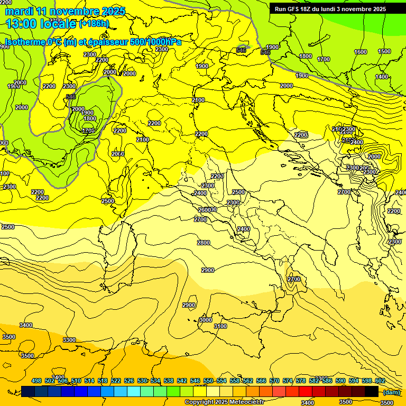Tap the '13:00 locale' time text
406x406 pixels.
[x=41, y=23]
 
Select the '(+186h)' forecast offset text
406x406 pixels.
[x=94, y=24]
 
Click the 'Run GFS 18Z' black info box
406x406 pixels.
[x=337, y=8]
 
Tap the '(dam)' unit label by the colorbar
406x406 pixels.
[x=391, y=392]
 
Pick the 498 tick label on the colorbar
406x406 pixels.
[x=36, y=381]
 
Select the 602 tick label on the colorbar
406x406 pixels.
[x=380, y=381]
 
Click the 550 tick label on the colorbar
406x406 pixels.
[x=208, y=381]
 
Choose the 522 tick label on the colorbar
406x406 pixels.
[x=116, y=381]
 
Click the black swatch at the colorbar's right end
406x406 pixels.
[x=372, y=391]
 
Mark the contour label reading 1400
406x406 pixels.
[x=382, y=77]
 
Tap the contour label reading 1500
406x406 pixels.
[x=384, y=52]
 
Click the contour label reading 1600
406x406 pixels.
[x=361, y=52]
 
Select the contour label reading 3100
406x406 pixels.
[x=220, y=327]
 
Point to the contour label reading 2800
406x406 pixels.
[x=204, y=243]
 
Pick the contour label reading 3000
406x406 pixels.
[x=206, y=320]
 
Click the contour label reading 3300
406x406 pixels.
[x=69, y=340]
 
